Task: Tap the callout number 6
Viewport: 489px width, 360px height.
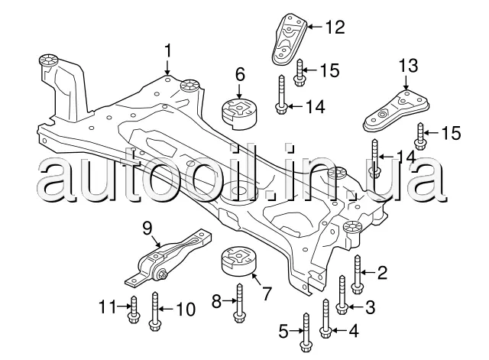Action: pyautogui.click(x=240, y=74)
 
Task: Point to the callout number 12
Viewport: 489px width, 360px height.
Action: pyautogui.click(x=335, y=28)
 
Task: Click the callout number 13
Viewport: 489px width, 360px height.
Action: pyautogui.click(x=408, y=64)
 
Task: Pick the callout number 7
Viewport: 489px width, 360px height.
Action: pyautogui.click(x=267, y=292)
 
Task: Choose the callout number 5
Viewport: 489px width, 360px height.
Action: pyautogui.click(x=283, y=331)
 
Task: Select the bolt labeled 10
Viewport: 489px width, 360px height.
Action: pyautogui.click(x=155, y=310)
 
